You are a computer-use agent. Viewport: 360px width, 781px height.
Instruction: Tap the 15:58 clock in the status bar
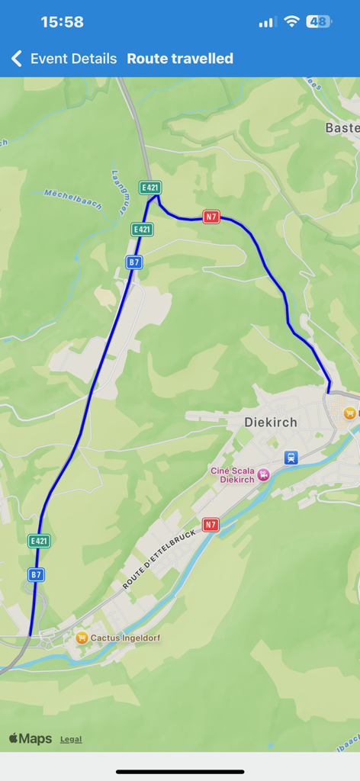pos(62,22)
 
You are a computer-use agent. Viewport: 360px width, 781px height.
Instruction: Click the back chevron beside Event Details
pos(17,59)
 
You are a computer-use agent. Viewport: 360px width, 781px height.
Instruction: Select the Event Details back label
pos(73,59)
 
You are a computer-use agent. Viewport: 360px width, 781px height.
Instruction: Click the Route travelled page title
pos(180,59)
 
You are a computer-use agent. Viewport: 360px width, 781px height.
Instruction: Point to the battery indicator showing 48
pos(319,22)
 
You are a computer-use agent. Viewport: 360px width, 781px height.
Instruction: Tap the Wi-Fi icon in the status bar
pos(291,22)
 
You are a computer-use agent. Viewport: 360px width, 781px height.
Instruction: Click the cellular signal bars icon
pos(266,23)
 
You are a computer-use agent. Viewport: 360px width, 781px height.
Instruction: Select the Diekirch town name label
pos(270,422)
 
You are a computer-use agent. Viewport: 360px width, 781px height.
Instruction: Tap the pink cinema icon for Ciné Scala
pos(264,474)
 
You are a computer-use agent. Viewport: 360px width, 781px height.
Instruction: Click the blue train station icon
pos(290,458)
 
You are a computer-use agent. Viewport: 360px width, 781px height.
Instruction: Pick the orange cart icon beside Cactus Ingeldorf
pos(82,638)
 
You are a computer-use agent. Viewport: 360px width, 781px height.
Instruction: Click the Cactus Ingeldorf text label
pos(126,638)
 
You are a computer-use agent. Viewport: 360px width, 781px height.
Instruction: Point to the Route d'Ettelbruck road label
pos(159,559)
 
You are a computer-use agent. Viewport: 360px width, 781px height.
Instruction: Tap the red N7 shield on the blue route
pos(211,217)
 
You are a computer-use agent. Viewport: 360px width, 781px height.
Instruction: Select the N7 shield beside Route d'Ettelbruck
pos(211,524)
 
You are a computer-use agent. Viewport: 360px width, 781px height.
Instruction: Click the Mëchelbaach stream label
pos(72,200)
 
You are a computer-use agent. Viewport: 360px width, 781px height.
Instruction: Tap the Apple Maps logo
pos(31,738)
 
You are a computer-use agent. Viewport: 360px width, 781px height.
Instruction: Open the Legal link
pos(71,739)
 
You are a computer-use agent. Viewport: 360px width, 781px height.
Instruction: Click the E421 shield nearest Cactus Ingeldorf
pos(39,541)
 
